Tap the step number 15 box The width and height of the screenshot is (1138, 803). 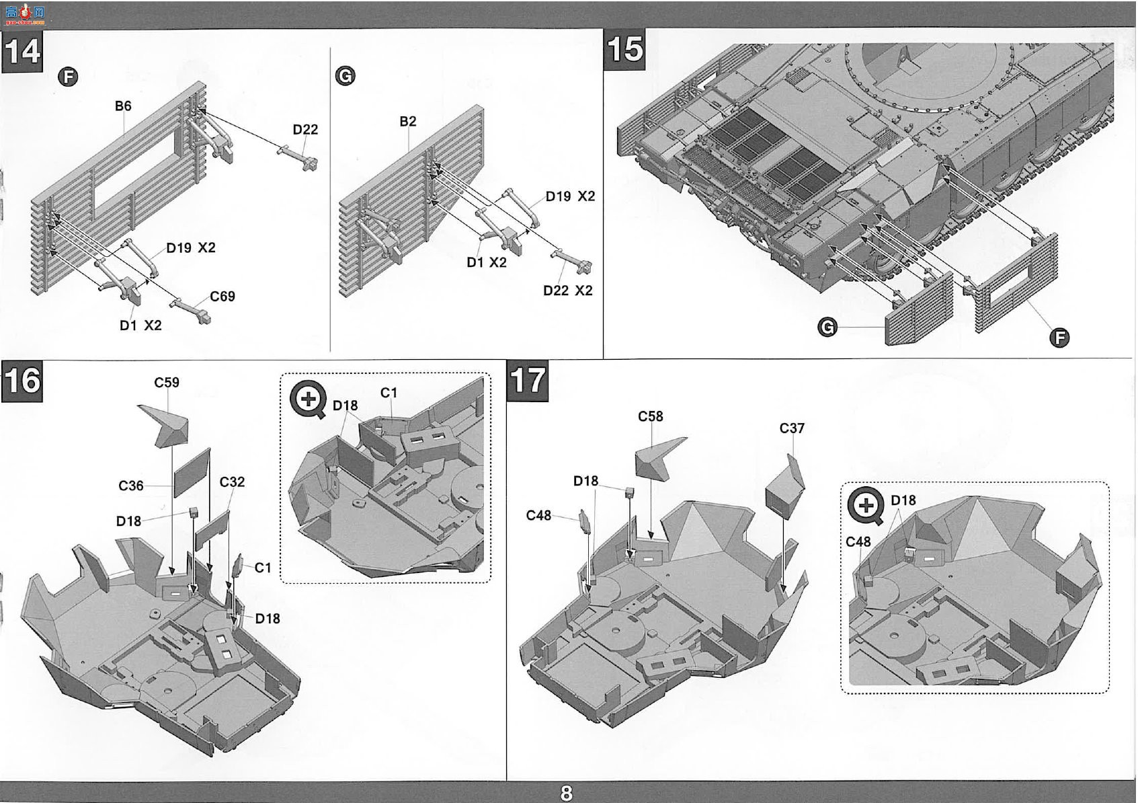[x=624, y=49]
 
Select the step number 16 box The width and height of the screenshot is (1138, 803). [x=22, y=381]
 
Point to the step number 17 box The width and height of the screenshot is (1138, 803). [x=528, y=381]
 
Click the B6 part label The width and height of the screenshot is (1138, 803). [x=123, y=106]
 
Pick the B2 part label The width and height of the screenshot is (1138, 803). [x=407, y=121]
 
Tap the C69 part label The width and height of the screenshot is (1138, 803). [x=222, y=296]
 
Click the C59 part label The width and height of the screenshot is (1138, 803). [x=167, y=382]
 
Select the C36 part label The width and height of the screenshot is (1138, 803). [x=131, y=486]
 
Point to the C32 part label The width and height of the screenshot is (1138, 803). [x=232, y=482]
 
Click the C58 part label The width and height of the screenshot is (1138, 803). [x=650, y=416]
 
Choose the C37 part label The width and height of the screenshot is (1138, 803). [x=792, y=428]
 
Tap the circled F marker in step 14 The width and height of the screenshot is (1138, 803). [x=68, y=77]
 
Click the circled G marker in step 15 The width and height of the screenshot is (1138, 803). [x=827, y=327]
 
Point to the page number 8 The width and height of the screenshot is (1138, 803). [x=567, y=793]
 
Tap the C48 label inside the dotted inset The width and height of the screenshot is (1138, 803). [x=858, y=542]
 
